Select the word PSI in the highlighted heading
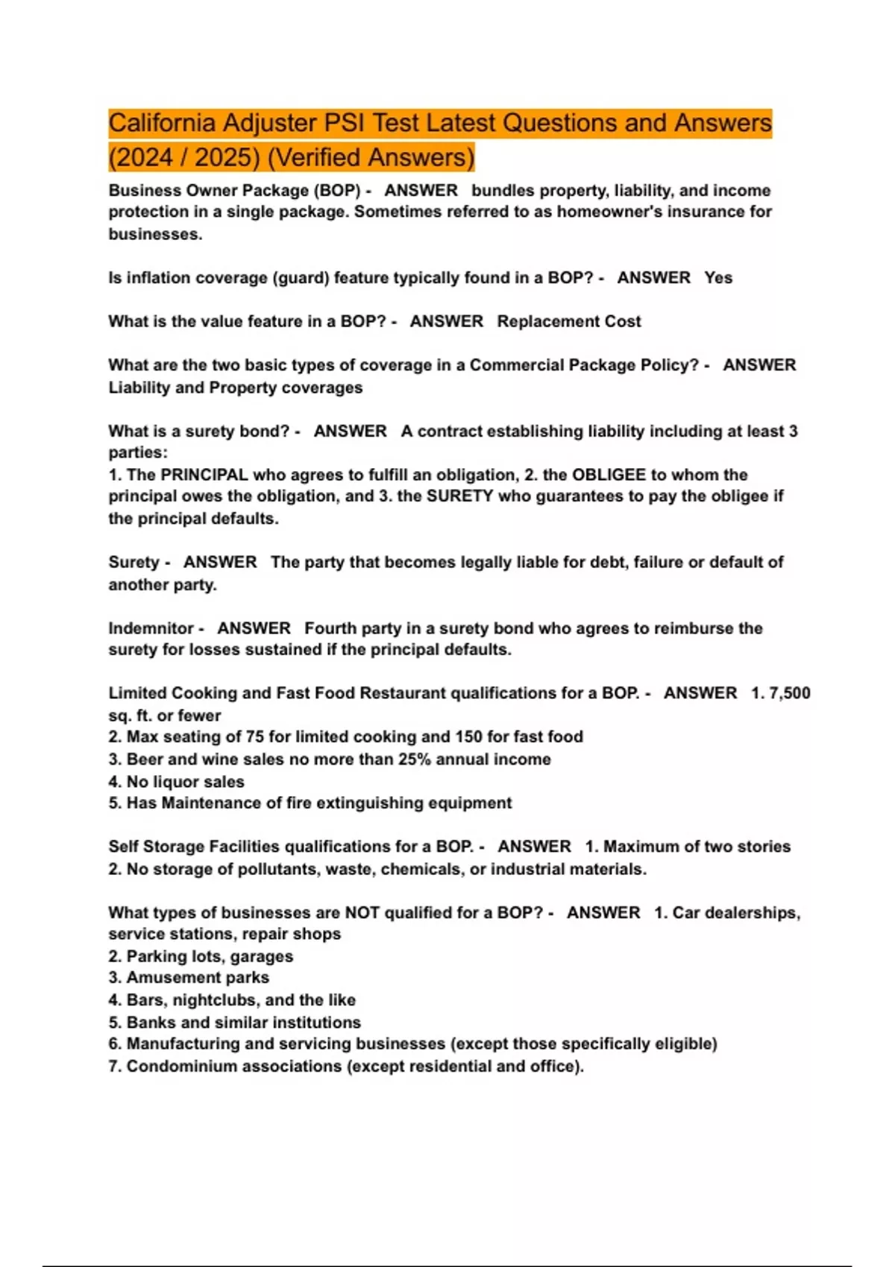click(344, 123)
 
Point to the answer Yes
click(718, 278)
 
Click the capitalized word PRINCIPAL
click(204, 475)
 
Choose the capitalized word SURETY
click(459, 496)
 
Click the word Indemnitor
click(151, 628)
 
